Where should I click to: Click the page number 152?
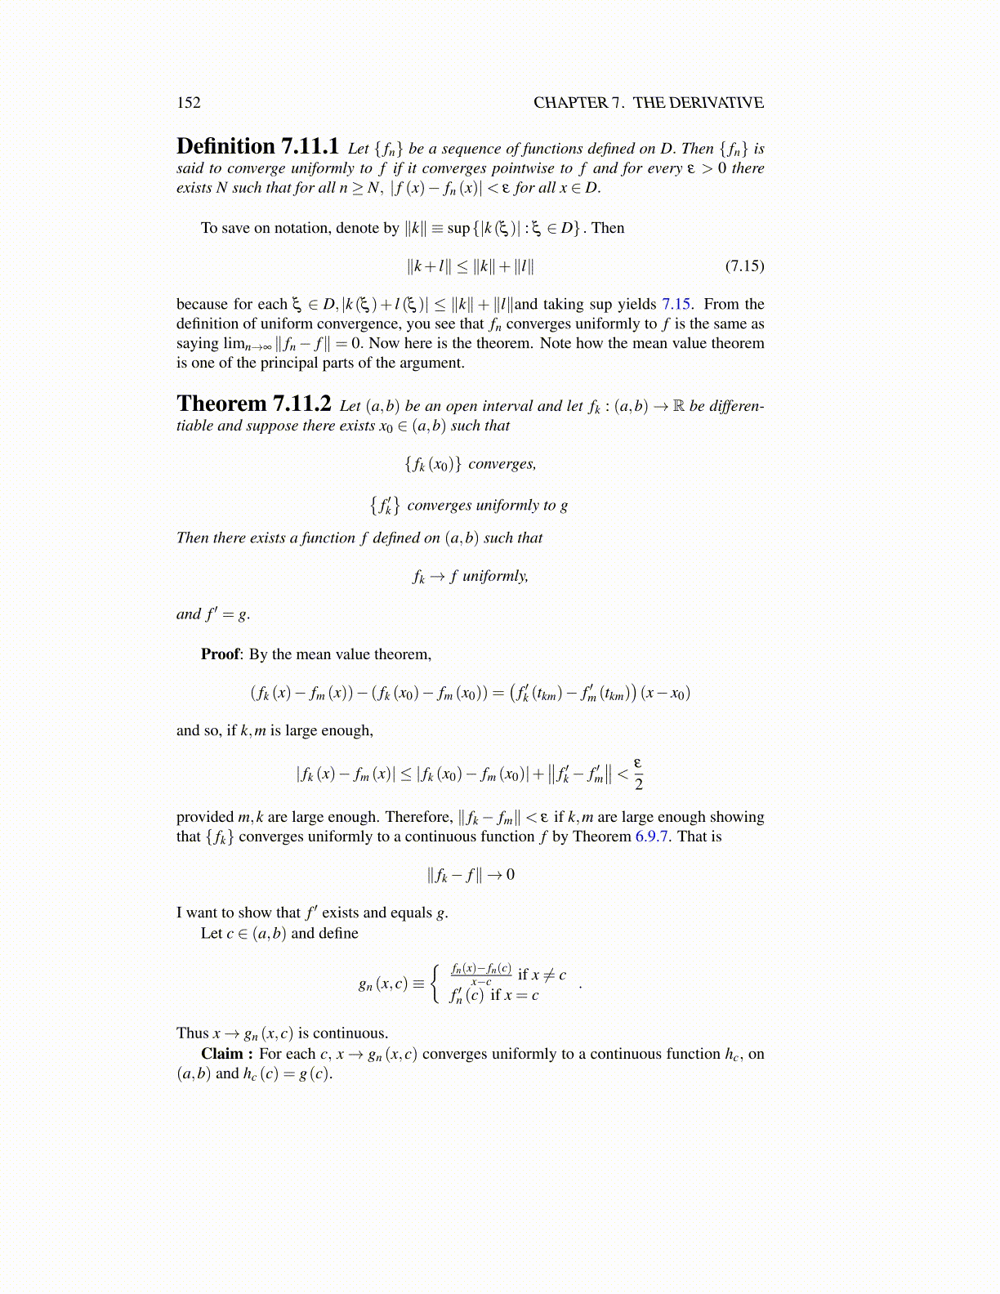pos(189,103)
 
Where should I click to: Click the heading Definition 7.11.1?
pos(257,147)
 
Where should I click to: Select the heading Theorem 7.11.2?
pos(253,404)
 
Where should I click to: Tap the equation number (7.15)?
pos(744,265)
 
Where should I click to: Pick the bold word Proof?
pos(221,654)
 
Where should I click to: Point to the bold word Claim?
pos(222,1054)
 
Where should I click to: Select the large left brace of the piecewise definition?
pos(437,984)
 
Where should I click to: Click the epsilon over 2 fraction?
pos(639,773)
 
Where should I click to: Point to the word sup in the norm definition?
pos(458,228)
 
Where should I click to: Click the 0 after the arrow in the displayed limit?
pos(511,875)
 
